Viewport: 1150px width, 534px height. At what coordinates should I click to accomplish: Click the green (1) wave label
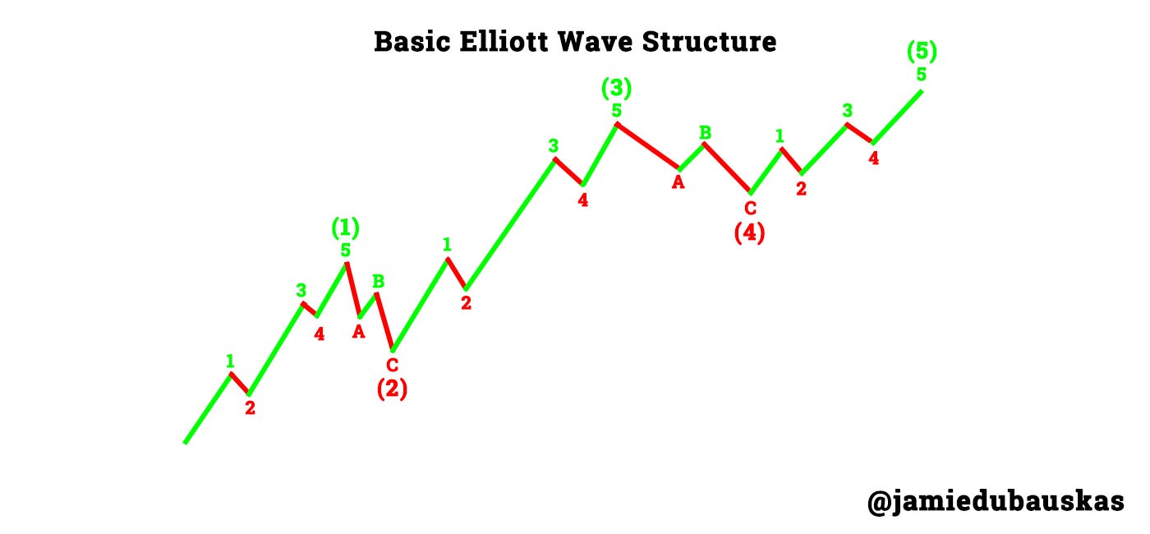[345, 227]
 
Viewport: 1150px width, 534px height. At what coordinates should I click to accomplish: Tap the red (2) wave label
[392, 389]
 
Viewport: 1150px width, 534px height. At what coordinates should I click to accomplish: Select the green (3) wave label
[616, 87]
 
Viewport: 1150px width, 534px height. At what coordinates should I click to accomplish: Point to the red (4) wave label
[749, 233]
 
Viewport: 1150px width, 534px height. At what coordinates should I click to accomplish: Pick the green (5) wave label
[922, 52]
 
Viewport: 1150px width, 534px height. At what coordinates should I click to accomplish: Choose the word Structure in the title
[720, 41]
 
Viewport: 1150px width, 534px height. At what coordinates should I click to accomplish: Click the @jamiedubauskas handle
[995, 500]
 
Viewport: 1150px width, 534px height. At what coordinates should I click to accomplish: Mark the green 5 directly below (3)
[616, 110]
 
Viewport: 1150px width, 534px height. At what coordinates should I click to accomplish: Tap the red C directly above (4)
[750, 209]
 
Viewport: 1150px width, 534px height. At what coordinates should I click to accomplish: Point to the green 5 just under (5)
[922, 75]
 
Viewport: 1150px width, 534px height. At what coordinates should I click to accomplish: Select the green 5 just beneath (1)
[346, 250]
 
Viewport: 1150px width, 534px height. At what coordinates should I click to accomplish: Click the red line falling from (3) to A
[648, 146]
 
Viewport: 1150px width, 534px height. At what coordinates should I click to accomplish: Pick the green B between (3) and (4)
[705, 132]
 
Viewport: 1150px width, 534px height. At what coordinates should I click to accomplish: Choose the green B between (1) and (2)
[379, 281]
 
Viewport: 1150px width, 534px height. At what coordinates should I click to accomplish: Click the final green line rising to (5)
[897, 117]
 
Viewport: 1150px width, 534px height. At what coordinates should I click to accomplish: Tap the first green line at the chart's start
[208, 408]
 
